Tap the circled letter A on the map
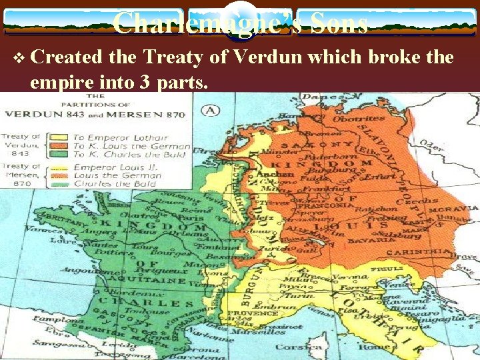[212, 110]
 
